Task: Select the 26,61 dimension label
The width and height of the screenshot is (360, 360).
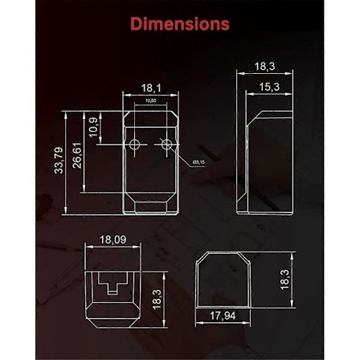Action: click(x=77, y=156)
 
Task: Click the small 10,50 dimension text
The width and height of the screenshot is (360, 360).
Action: click(x=150, y=100)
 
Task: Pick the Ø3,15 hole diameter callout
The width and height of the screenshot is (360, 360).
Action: click(x=199, y=161)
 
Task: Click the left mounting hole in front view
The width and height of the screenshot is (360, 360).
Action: click(x=135, y=145)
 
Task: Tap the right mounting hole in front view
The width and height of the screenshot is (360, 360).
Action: click(x=166, y=145)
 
